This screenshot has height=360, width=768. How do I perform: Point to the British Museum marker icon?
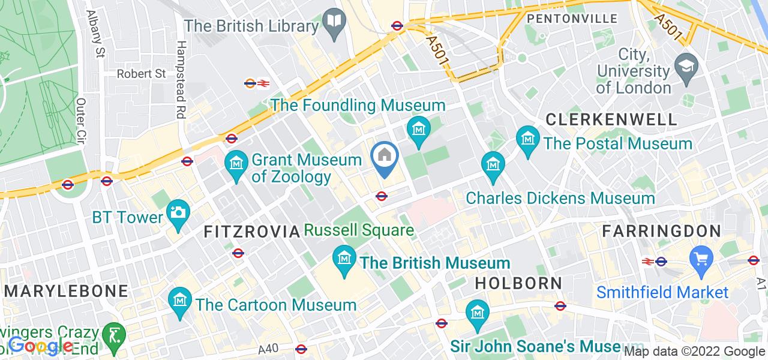point(344,258)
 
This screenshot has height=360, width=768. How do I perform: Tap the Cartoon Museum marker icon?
point(179,298)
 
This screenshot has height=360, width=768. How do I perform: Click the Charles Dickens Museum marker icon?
point(493,163)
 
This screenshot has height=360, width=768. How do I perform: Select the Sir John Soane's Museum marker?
point(478,313)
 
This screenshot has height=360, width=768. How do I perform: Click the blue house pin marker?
point(384,156)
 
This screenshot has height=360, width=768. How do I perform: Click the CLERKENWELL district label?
point(611,119)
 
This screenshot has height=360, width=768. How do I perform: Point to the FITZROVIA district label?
point(251,232)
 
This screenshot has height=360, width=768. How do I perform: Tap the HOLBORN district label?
point(518,283)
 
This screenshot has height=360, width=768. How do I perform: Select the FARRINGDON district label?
point(661,231)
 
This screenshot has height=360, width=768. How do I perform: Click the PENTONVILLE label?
point(572,19)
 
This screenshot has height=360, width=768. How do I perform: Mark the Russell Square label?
point(359,230)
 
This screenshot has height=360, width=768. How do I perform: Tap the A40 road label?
point(268,349)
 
